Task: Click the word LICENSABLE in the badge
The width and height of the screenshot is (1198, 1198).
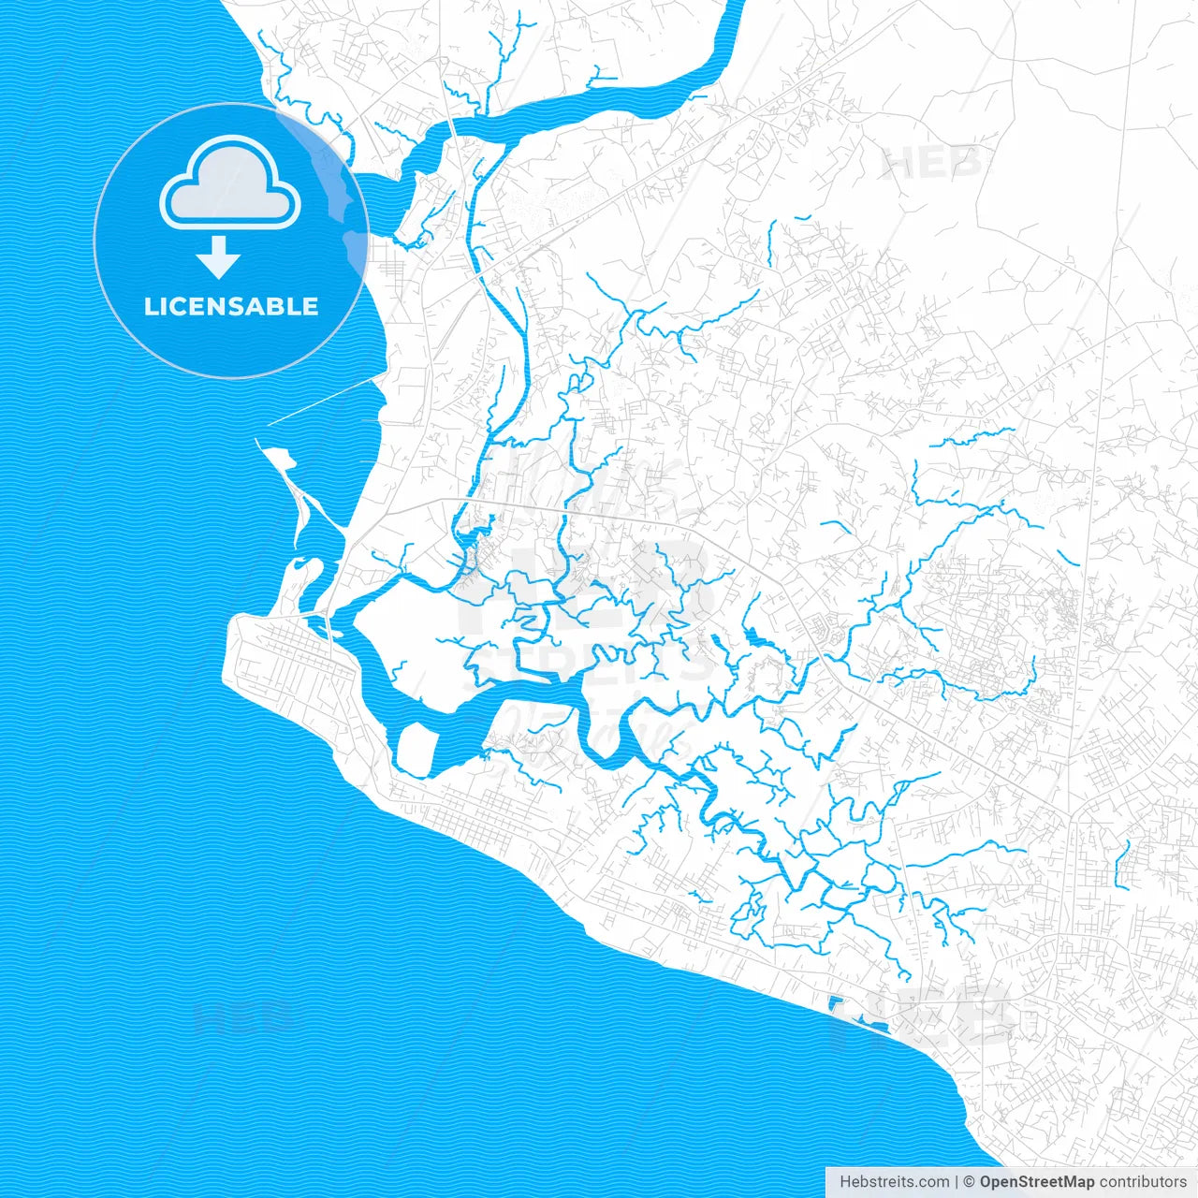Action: (231, 306)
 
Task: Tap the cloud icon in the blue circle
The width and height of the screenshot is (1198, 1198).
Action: (230, 184)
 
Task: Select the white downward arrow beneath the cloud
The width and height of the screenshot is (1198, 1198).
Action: (219, 256)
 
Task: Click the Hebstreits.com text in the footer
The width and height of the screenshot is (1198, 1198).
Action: (894, 1182)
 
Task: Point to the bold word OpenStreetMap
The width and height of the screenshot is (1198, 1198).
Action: (1036, 1182)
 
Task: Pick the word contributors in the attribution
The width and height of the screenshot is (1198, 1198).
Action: (1142, 1182)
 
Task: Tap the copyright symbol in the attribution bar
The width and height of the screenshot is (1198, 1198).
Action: (970, 1182)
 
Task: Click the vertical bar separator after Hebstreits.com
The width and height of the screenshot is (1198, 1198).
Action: (957, 1182)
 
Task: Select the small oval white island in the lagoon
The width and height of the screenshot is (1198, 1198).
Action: (417, 748)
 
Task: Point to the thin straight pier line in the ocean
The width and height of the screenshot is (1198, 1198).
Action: (318, 402)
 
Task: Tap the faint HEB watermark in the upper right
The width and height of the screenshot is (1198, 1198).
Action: (931, 164)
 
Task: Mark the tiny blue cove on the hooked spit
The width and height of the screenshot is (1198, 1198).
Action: (300, 563)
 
